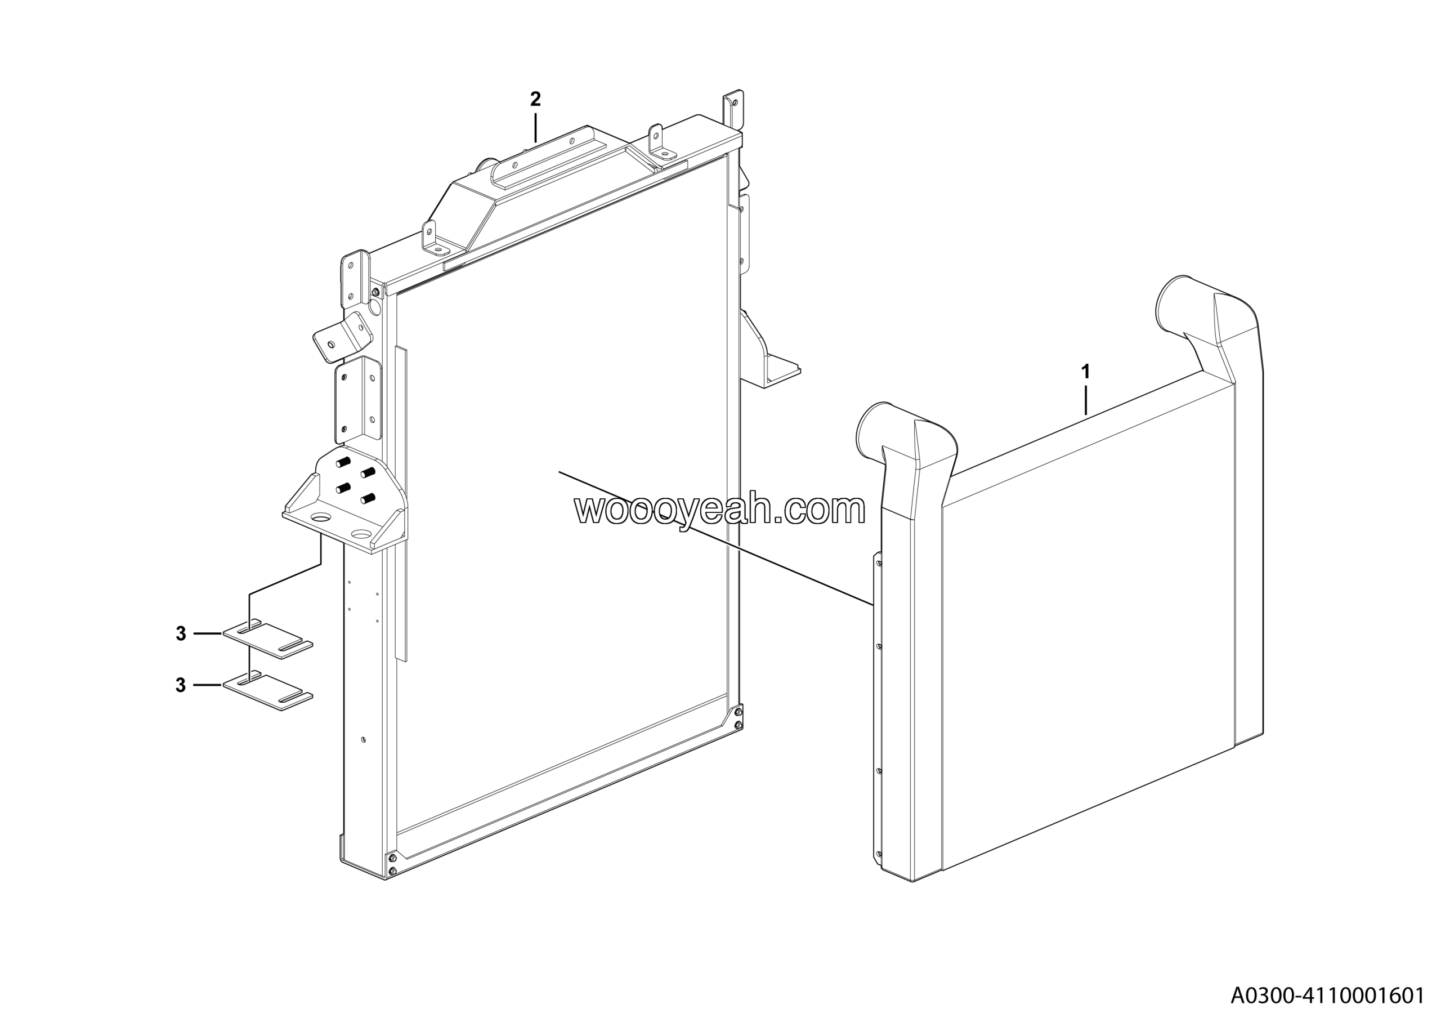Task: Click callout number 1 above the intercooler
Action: [x=1085, y=372]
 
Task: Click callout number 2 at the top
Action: [x=535, y=99]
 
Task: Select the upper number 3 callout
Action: [x=181, y=634]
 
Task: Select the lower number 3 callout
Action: [x=181, y=685]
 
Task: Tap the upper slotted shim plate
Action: [x=268, y=640]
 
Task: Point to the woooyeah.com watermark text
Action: [x=720, y=509]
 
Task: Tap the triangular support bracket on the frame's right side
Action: [x=767, y=355]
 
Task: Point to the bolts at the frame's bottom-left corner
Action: [x=392, y=864]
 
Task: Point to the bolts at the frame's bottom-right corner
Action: [x=737, y=718]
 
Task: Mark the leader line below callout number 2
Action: [x=535, y=127]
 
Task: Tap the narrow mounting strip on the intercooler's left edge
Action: [x=878, y=709]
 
